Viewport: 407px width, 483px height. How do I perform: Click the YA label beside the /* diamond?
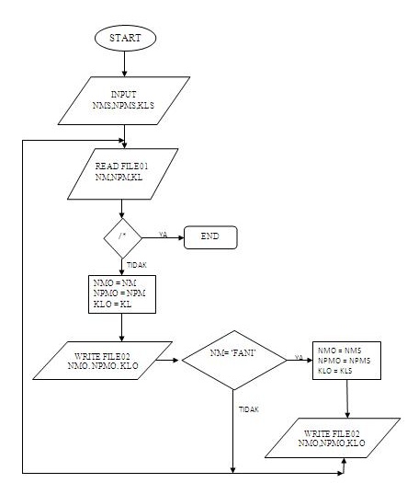click(163, 233)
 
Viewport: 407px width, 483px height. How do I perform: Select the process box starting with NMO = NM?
click(119, 293)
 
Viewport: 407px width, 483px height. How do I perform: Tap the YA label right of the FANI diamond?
click(299, 355)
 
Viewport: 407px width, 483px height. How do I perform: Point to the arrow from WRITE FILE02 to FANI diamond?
click(165, 361)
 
